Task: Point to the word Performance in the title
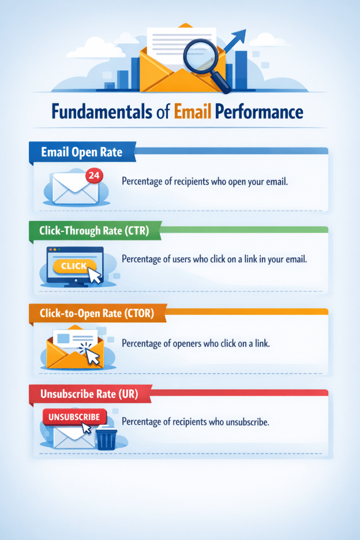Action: click(x=259, y=111)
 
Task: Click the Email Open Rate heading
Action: click(x=81, y=153)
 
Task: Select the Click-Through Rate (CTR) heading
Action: click(x=94, y=232)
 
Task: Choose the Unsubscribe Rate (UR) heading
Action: click(x=88, y=395)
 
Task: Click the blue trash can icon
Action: click(x=106, y=438)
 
